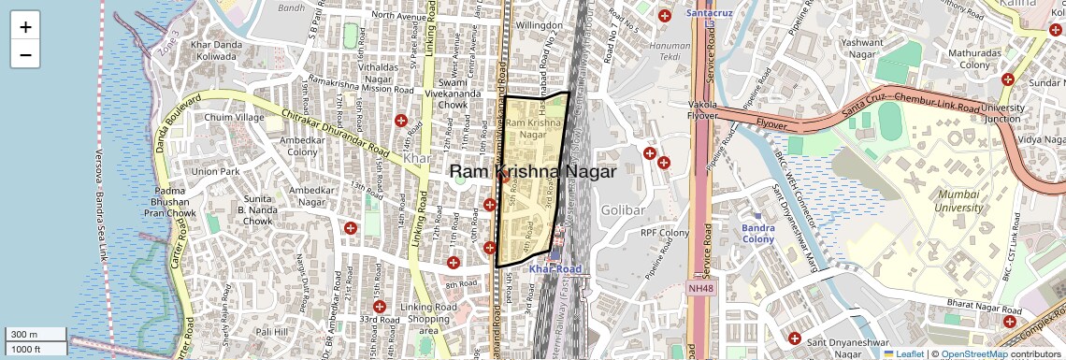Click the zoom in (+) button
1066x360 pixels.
pos(25,27)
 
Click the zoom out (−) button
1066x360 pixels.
pos(25,55)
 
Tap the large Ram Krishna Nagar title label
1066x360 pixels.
pos(533,172)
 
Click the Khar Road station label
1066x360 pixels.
pos(555,269)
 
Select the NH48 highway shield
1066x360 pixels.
pos(699,288)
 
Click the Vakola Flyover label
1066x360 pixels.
pos(702,111)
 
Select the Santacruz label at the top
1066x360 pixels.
pos(710,14)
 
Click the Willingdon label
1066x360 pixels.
pos(540,25)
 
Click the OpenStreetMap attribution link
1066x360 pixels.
pos(973,353)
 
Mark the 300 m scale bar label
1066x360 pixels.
pos(24,335)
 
